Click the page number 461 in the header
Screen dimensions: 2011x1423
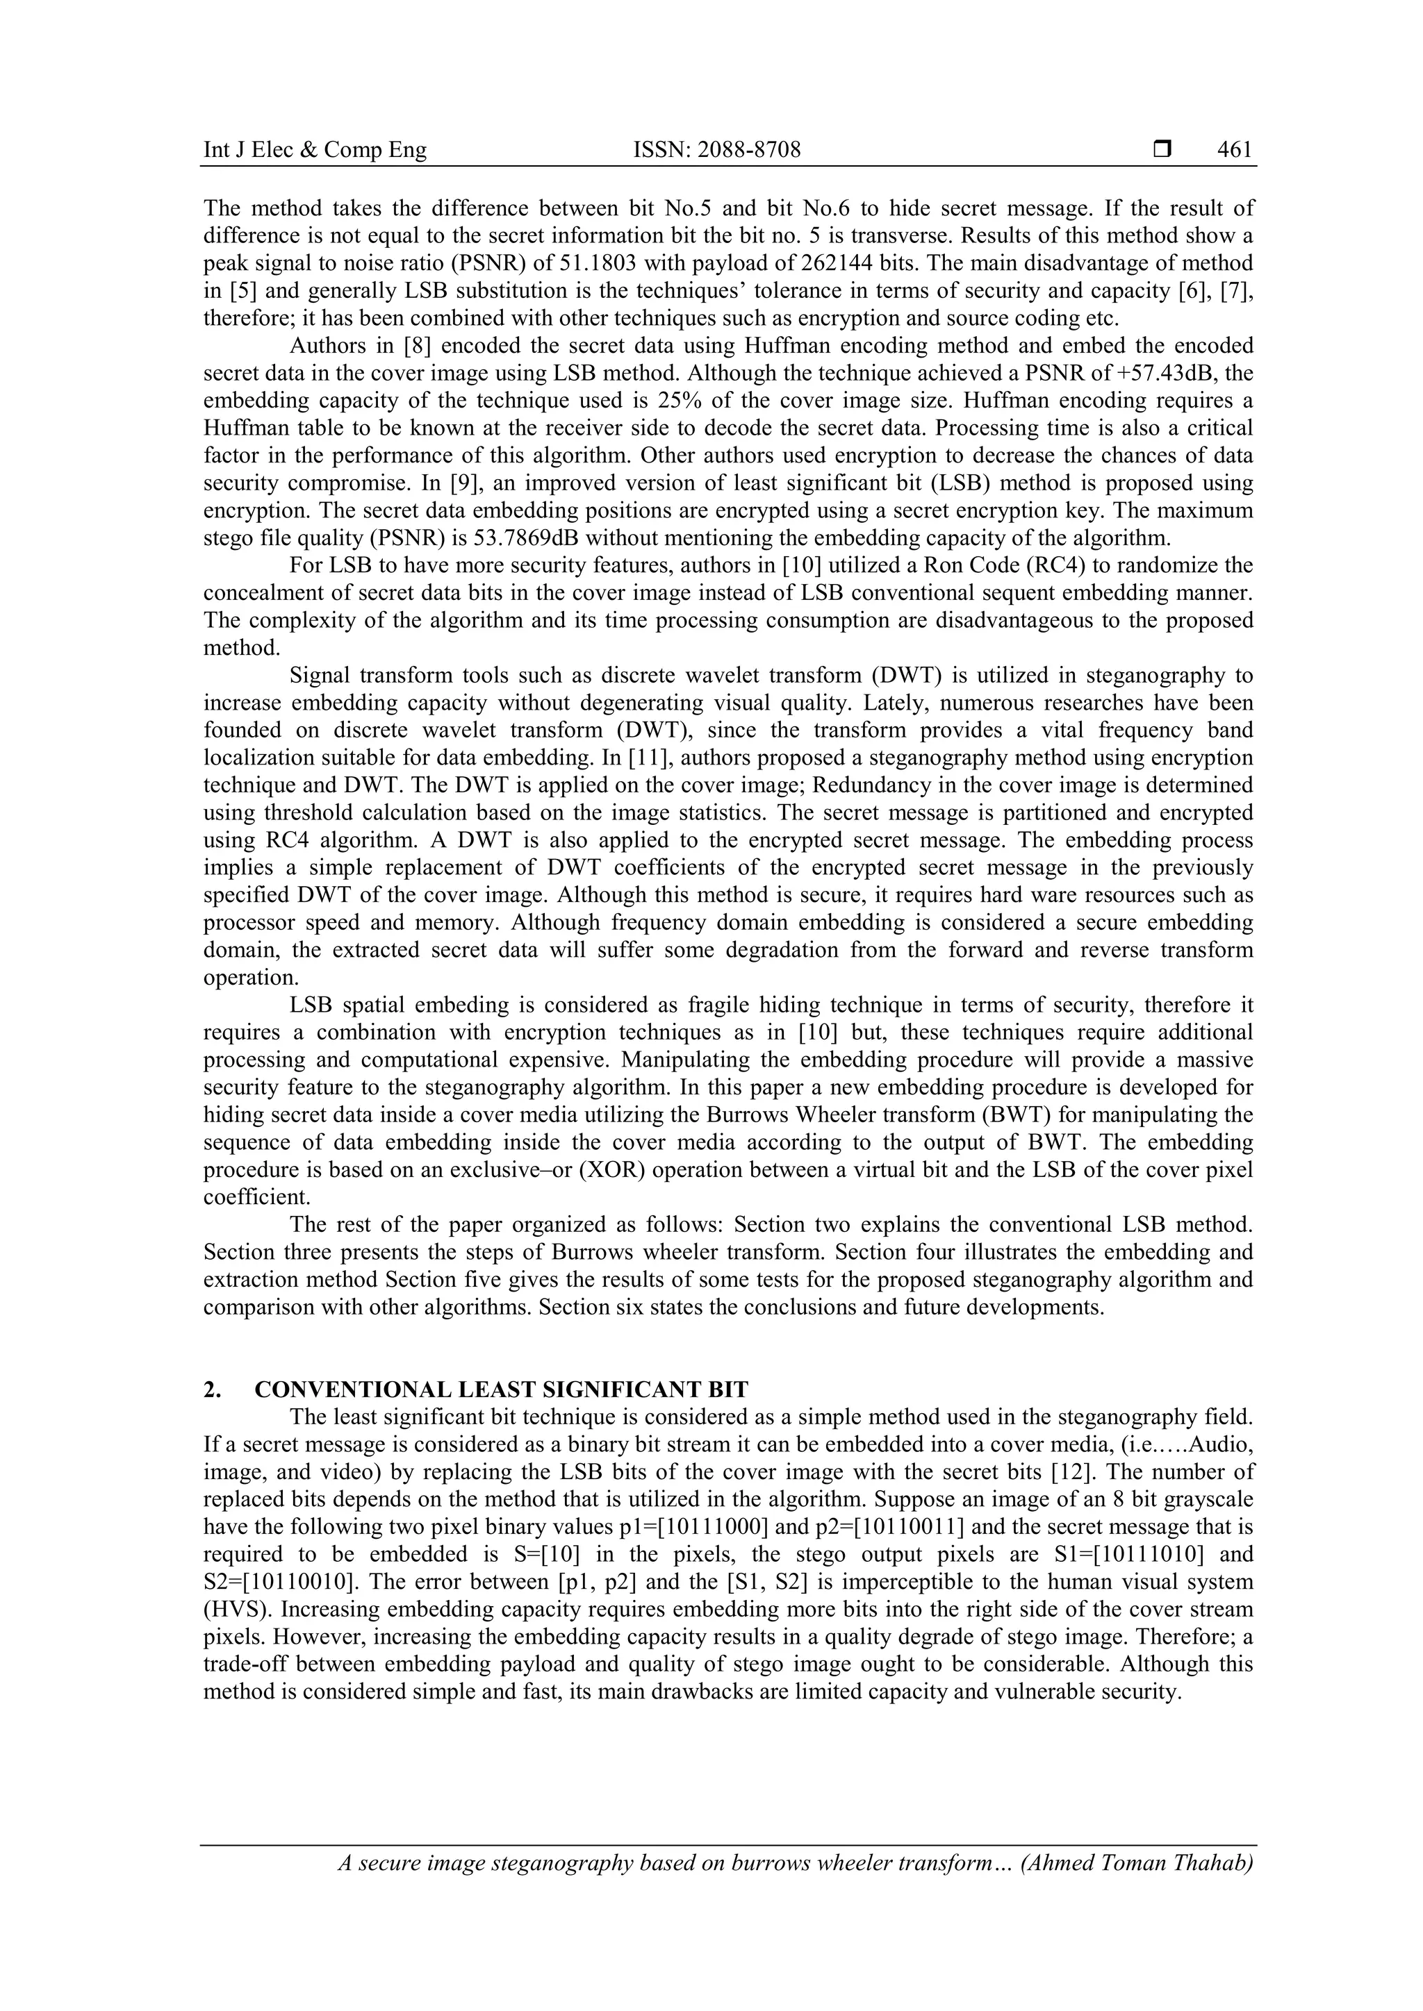click(1235, 150)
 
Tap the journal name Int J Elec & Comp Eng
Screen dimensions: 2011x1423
click(315, 150)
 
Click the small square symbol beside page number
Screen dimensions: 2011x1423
click(1162, 150)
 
